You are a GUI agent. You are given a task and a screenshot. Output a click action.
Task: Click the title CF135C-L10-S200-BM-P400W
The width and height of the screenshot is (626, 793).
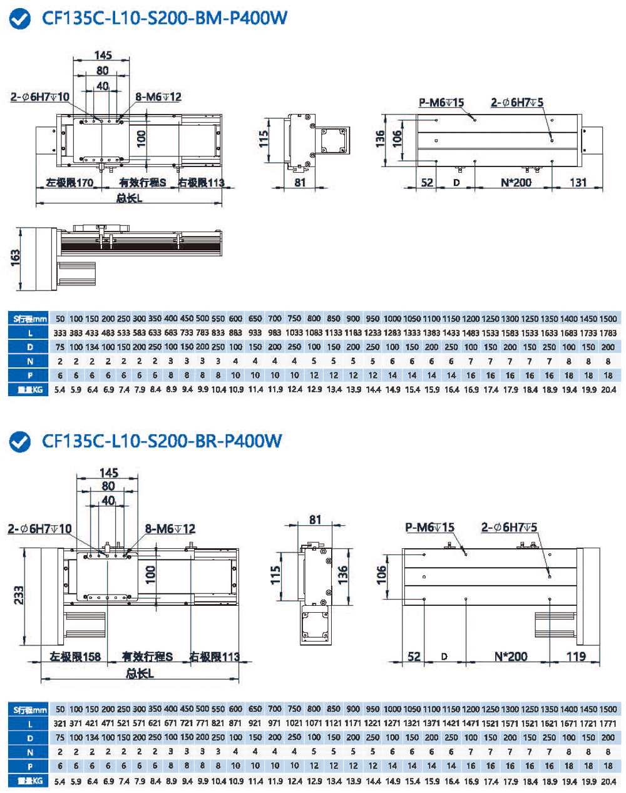click(x=165, y=18)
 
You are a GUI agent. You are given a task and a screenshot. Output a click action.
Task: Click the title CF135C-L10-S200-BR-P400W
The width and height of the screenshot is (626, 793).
click(x=162, y=441)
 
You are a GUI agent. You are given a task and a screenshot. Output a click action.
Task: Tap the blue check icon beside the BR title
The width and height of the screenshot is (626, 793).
click(x=20, y=442)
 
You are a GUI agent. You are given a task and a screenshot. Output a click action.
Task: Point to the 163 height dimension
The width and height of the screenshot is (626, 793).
click(x=15, y=258)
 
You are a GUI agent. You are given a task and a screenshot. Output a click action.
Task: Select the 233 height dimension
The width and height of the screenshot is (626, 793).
click(x=19, y=595)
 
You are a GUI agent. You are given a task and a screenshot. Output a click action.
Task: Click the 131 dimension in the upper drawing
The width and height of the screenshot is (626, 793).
click(x=578, y=182)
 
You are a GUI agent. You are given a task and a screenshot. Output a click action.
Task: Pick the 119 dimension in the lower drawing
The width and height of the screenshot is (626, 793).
click(x=575, y=657)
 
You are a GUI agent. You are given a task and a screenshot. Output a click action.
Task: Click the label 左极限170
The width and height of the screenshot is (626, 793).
click(x=69, y=183)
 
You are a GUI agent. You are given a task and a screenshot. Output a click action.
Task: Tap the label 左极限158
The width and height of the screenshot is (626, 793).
click(x=75, y=657)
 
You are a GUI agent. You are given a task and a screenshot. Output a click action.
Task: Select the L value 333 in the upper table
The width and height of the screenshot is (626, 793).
click(x=60, y=333)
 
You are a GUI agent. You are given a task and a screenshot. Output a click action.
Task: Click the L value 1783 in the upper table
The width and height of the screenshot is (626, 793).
click(x=608, y=333)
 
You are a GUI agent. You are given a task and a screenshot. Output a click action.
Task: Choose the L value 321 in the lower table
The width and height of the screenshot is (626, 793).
click(x=60, y=724)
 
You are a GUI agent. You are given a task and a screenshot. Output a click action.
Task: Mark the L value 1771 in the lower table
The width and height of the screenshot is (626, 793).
click(x=608, y=724)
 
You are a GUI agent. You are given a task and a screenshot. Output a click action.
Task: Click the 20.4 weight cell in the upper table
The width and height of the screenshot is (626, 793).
click(x=608, y=389)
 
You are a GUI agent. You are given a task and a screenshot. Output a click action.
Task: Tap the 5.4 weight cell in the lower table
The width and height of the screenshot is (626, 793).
click(x=60, y=781)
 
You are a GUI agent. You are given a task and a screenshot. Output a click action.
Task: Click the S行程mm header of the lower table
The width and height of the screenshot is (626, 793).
click(x=29, y=710)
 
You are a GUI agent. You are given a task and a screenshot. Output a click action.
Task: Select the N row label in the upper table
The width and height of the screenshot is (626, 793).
click(x=29, y=361)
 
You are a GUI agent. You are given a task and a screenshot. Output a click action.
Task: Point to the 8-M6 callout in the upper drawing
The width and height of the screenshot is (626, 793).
click(x=158, y=97)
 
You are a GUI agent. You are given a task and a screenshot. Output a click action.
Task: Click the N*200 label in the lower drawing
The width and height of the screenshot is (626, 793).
click(x=511, y=657)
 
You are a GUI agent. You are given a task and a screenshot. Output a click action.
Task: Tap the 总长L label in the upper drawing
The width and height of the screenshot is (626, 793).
click(x=130, y=198)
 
